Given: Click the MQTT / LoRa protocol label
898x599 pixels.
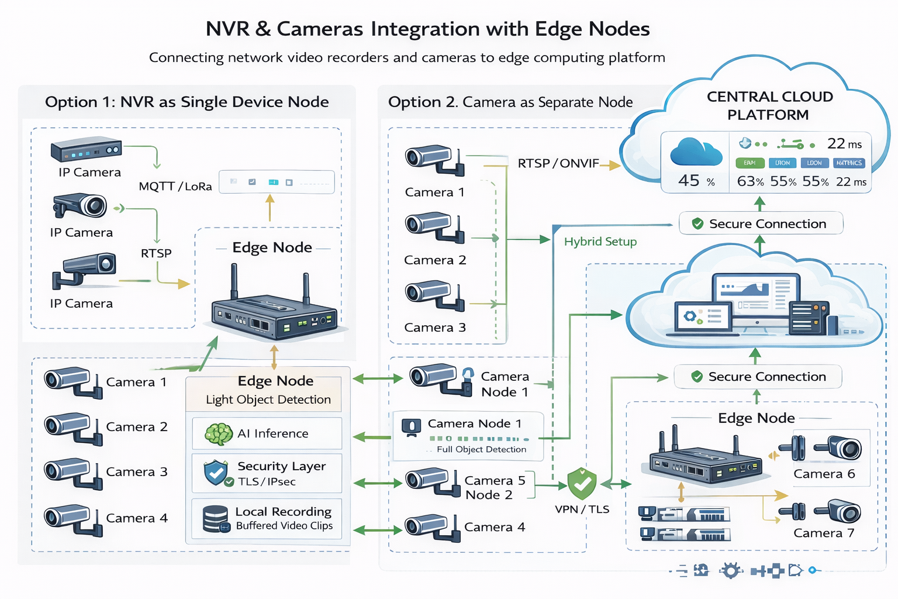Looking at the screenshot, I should click(175, 187).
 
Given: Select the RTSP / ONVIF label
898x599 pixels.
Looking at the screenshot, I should click(558, 163).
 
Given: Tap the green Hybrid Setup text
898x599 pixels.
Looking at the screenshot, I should click(600, 242).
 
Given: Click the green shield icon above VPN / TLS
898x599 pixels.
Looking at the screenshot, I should click(582, 483).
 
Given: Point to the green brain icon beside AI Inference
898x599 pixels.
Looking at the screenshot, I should click(219, 434).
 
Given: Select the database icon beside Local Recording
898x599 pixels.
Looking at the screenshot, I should click(216, 519).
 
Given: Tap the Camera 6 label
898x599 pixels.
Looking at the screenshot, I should click(824, 474).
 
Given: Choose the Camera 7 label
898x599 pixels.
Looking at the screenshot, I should click(824, 533).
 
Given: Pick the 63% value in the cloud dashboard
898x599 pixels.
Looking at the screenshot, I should click(750, 181).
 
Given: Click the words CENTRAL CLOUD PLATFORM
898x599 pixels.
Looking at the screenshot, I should click(769, 106).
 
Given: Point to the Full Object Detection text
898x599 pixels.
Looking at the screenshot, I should click(481, 449).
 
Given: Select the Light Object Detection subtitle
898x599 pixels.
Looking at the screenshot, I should click(268, 400).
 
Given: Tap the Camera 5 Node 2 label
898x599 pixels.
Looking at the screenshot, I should click(495, 487).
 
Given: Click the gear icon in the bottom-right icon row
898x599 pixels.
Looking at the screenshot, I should click(730, 570).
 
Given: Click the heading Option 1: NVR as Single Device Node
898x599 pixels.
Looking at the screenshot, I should click(186, 102).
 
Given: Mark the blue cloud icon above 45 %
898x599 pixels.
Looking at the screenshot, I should click(696, 152).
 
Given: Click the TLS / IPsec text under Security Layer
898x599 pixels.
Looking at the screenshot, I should click(267, 482).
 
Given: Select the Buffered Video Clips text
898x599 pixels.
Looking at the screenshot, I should click(284, 526).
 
